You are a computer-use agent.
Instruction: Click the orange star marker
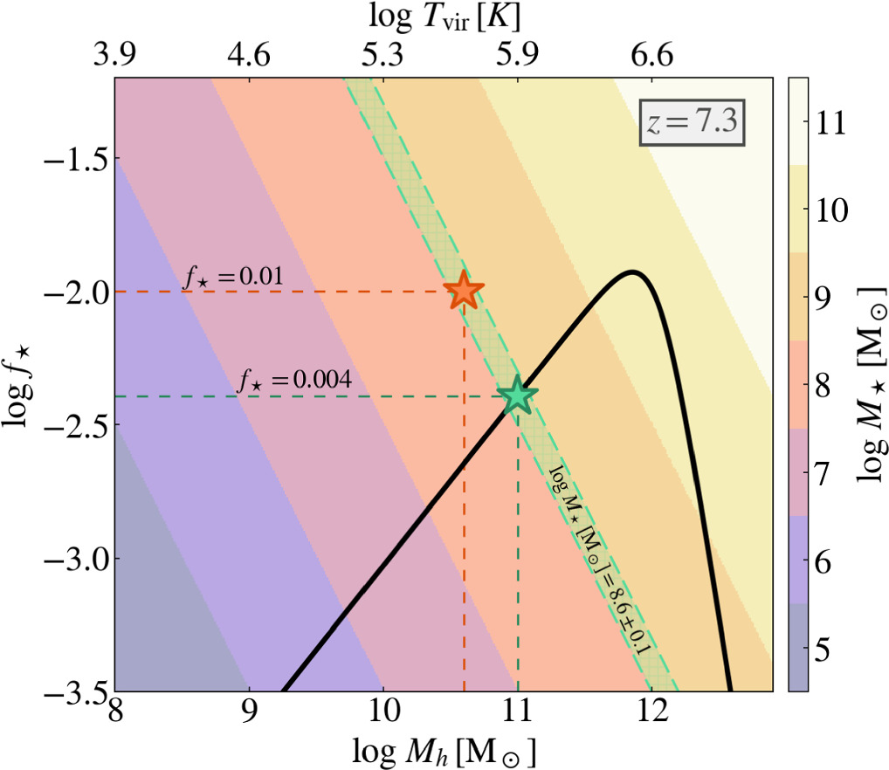[464, 292]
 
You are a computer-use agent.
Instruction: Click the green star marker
[517, 395]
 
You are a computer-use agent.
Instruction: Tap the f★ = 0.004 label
[295, 381]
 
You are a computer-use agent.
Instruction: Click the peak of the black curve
[632, 272]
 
